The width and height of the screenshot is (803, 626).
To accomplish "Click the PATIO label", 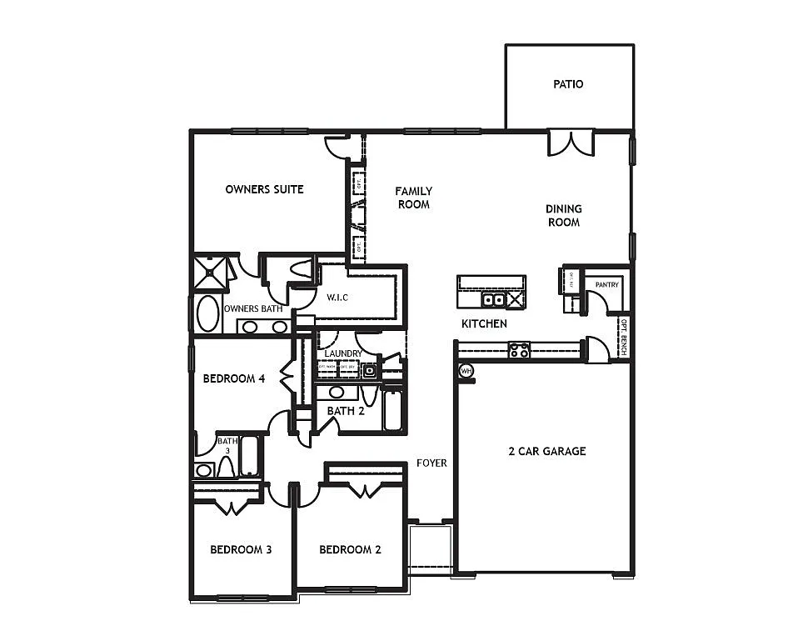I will click(568, 84).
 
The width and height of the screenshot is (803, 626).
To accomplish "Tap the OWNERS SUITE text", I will click(264, 189).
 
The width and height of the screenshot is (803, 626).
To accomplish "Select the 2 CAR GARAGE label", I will click(546, 452).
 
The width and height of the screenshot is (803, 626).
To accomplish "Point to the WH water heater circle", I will click(466, 370).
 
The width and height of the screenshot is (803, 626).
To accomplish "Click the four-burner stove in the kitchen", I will click(520, 350).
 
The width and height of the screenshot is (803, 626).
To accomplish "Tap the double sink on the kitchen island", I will click(493, 300).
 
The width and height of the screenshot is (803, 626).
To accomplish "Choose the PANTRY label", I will click(606, 285).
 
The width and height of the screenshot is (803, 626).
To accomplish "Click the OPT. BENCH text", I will click(623, 337).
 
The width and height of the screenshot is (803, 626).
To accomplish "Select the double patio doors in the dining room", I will click(571, 143).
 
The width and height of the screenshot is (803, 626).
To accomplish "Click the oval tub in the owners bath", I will click(207, 315).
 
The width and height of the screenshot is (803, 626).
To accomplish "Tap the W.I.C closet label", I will click(337, 297).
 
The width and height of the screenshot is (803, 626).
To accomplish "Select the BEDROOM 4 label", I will click(234, 378).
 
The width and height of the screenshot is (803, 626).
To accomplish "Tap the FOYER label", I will click(432, 463).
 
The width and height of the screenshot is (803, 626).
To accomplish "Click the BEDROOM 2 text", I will click(350, 550).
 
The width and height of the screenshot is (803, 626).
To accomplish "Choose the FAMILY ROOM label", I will click(413, 198).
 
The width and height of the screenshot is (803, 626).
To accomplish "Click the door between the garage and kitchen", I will click(596, 350).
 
